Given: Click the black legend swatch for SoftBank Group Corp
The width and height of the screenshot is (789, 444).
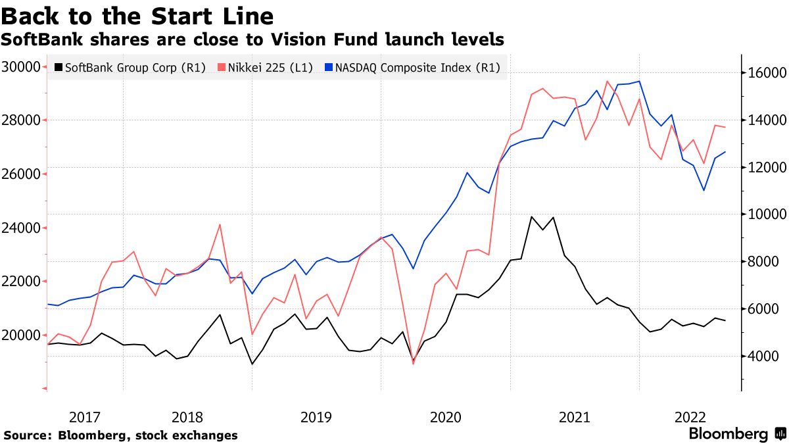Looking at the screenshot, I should point(59,67).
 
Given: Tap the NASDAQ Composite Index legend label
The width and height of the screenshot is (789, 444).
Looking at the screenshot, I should point(418,67).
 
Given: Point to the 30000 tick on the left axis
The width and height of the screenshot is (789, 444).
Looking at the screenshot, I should point(22,67).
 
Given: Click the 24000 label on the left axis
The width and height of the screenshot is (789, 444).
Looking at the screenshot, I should point(22,228).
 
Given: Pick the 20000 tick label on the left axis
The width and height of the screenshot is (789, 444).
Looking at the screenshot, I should point(22,335).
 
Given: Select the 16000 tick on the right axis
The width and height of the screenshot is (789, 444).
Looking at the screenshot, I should point(764,72).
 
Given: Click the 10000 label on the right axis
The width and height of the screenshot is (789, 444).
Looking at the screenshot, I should point(764,214).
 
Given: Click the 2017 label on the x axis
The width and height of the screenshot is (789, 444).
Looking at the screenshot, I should point(85,417).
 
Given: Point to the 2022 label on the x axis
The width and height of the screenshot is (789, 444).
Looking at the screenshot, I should point(690,417).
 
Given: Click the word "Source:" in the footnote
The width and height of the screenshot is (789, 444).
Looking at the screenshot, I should point(28,435).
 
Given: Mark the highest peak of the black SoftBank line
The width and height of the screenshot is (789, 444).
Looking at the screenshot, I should point(531,216).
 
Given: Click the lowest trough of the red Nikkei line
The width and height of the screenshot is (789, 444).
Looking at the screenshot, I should point(414,363).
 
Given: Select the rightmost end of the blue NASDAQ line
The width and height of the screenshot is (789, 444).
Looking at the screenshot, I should point(725,152).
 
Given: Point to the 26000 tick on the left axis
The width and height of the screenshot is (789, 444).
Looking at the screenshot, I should point(22,174).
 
